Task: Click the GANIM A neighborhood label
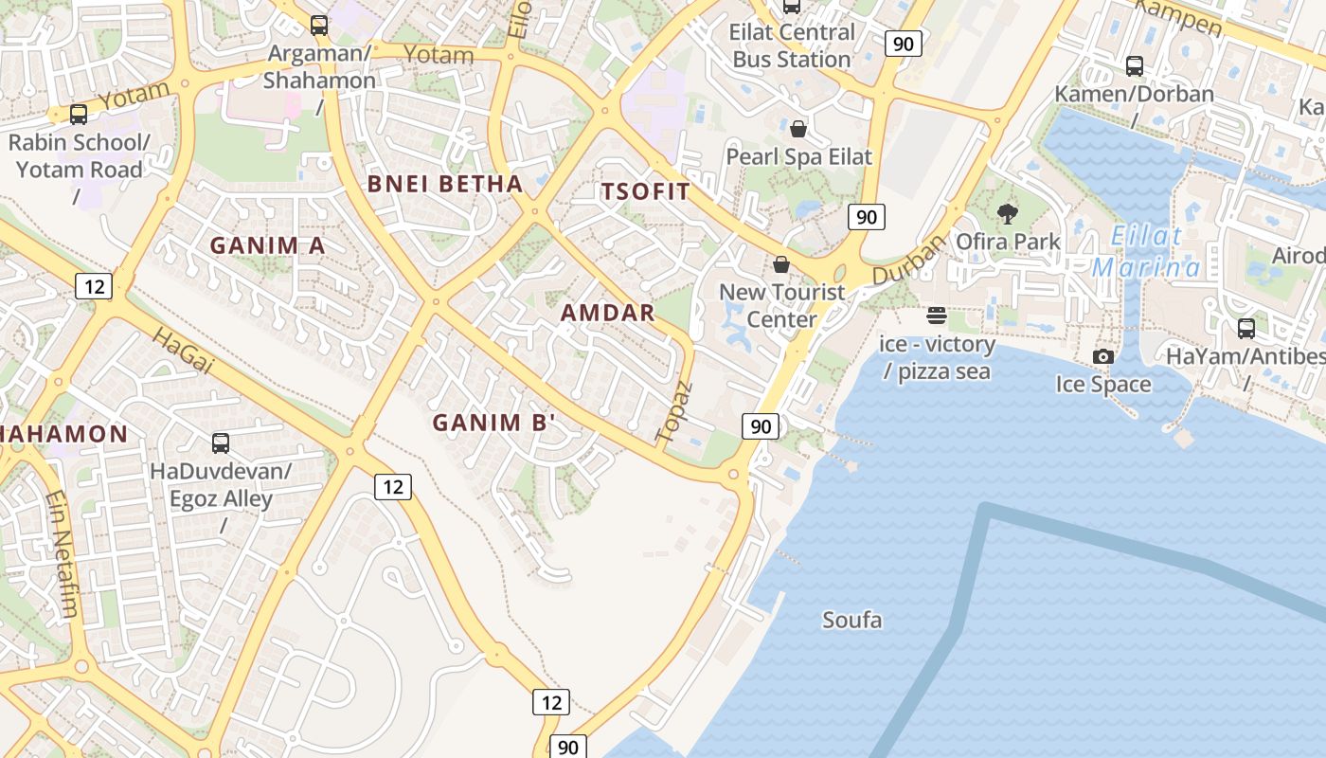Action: coord(267,245)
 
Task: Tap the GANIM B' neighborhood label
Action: coord(493,423)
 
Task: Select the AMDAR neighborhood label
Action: coord(608,313)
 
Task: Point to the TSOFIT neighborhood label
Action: coord(646,191)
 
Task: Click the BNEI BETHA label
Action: coord(444,184)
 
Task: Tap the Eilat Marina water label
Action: coord(1146,252)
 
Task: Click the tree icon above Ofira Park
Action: coord(1008,213)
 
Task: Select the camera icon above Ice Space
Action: coord(1103,356)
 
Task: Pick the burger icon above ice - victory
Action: coord(937,316)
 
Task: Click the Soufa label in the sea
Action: coord(852,621)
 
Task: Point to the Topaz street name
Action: coord(674,412)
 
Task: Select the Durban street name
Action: coord(908,261)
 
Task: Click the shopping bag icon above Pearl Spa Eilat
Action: coord(798,129)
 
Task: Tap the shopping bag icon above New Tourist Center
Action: coord(781,264)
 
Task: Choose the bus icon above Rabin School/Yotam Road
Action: coord(79,115)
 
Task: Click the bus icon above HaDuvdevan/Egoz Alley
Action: coord(221,442)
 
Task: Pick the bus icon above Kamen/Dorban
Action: coord(1134,66)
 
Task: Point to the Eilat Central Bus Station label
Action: coord(791,45)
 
